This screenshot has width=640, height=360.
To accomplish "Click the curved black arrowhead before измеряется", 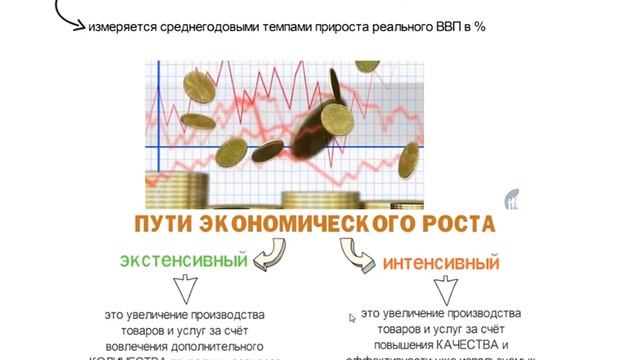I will point(79,27).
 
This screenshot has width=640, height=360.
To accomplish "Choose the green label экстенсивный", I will point(183,261).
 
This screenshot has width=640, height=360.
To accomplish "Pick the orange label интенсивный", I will point(441,265).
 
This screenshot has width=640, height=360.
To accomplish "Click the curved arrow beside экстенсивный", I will point(267,261).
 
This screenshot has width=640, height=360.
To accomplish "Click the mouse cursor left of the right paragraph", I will point(352,318).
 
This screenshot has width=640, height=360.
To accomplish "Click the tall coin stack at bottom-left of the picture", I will point(164,188).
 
